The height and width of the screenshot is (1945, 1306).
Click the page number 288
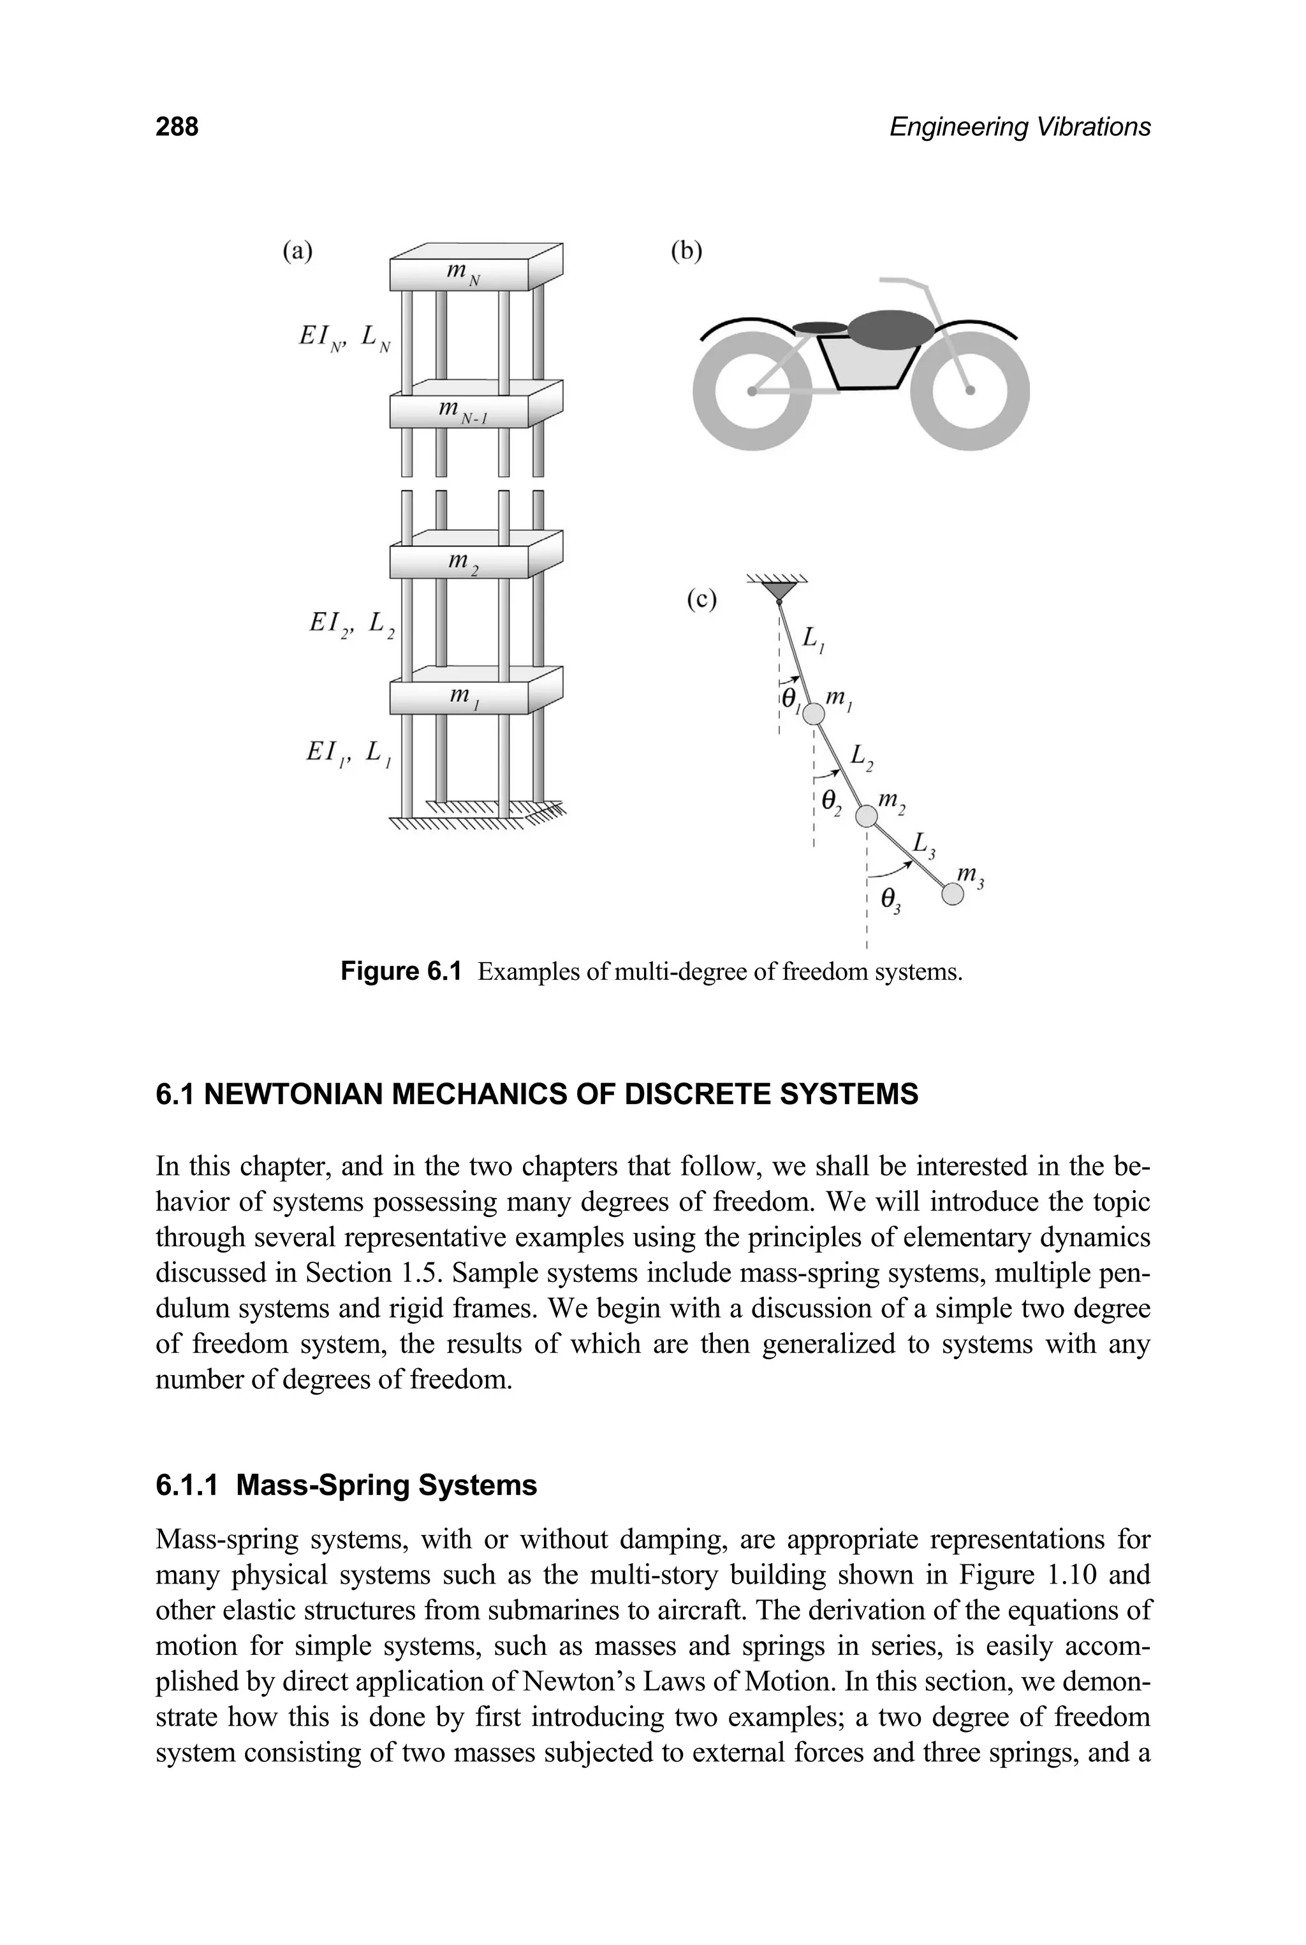coord(177,127)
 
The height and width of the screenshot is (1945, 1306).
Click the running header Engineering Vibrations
coord(1020,127)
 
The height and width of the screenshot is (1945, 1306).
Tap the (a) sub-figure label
coord(297,251)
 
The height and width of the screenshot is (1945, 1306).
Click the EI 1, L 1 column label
coord(349,754)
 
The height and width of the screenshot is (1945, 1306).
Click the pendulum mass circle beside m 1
coord(814,713)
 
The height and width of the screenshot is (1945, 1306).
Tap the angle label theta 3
coord(890,900)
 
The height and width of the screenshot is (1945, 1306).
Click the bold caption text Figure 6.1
coord(400,972)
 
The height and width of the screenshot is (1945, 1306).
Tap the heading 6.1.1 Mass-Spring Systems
coord(346,1485)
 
